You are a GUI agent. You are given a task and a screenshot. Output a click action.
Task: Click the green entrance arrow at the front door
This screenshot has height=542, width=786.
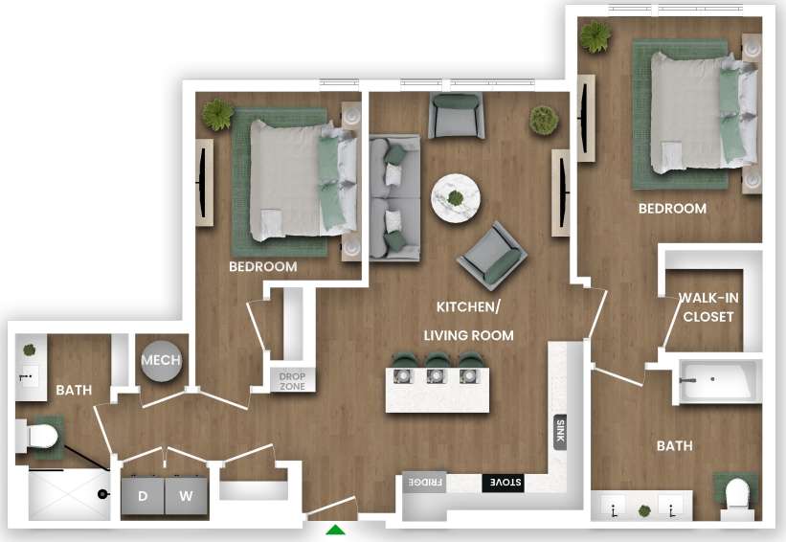[x=335, y=531]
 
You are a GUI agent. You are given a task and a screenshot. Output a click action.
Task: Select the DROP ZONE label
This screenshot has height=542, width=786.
[x=292, y=381]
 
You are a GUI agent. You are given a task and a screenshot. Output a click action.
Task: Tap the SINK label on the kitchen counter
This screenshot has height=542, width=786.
[x=560, y=433]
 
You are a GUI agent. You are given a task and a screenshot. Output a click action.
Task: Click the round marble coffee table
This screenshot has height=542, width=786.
[x=457, y=198]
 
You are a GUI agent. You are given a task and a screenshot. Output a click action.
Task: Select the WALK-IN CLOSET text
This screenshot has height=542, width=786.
[x=707, y=306]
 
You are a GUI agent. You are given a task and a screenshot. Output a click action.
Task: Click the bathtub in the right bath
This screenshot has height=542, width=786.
[x=718, y=382]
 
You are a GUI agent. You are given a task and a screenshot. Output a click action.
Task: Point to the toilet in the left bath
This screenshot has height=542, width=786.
[x=39, y=439]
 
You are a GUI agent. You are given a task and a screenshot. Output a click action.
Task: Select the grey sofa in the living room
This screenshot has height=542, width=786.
[x=394, y=197]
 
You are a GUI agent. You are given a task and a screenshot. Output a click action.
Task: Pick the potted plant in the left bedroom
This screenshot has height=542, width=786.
[x=217, y=115]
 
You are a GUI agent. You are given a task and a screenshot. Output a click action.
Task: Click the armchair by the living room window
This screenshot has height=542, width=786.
[x=457, y=114]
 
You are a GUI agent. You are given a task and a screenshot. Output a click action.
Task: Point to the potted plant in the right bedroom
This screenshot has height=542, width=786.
[x=595, y=36]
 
